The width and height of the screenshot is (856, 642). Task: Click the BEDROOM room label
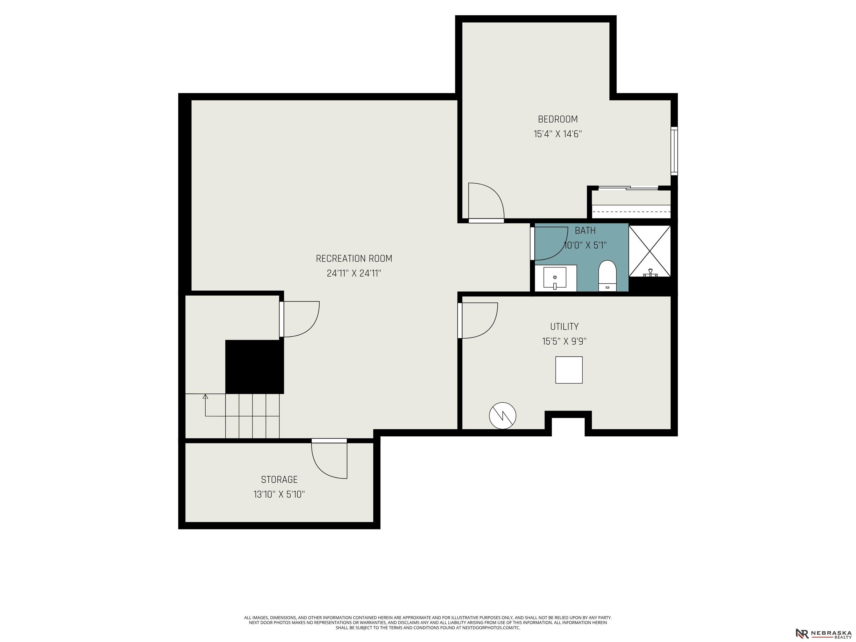(x=558, y=119)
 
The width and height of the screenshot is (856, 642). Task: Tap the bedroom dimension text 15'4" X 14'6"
(x=558, y=134)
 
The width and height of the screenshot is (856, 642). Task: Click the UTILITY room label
(x=564, y=327)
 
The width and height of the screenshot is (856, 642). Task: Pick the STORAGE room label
(x=279, y=480)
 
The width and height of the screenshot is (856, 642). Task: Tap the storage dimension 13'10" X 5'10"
(x=279, y=494)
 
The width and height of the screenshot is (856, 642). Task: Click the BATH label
(x=585, y=231)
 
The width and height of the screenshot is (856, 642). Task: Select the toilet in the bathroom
(x=607, y=276)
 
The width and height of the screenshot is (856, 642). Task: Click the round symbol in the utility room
(x=503, y=416)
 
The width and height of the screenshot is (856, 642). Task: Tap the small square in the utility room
(x=569, y=370)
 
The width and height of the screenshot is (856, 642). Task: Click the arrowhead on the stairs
(x=205, y=397)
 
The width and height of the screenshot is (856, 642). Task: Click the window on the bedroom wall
(x=674, y=151)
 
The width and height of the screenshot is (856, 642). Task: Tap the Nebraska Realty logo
(x=823, y=633)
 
